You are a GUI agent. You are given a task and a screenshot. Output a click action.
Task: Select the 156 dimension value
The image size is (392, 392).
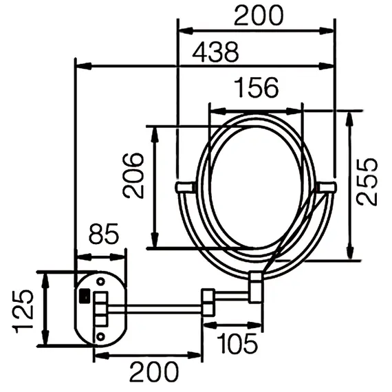[255, 88]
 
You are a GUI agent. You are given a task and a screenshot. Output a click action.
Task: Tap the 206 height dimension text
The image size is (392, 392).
[134, 175]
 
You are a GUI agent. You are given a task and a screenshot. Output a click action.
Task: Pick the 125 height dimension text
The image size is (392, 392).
[24, 309]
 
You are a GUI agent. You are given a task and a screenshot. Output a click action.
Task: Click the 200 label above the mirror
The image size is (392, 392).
[257, 15]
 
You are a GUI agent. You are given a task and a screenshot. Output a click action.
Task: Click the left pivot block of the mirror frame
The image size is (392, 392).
[185, 187]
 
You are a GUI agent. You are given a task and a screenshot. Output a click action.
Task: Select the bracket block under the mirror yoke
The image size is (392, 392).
[255, 286]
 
